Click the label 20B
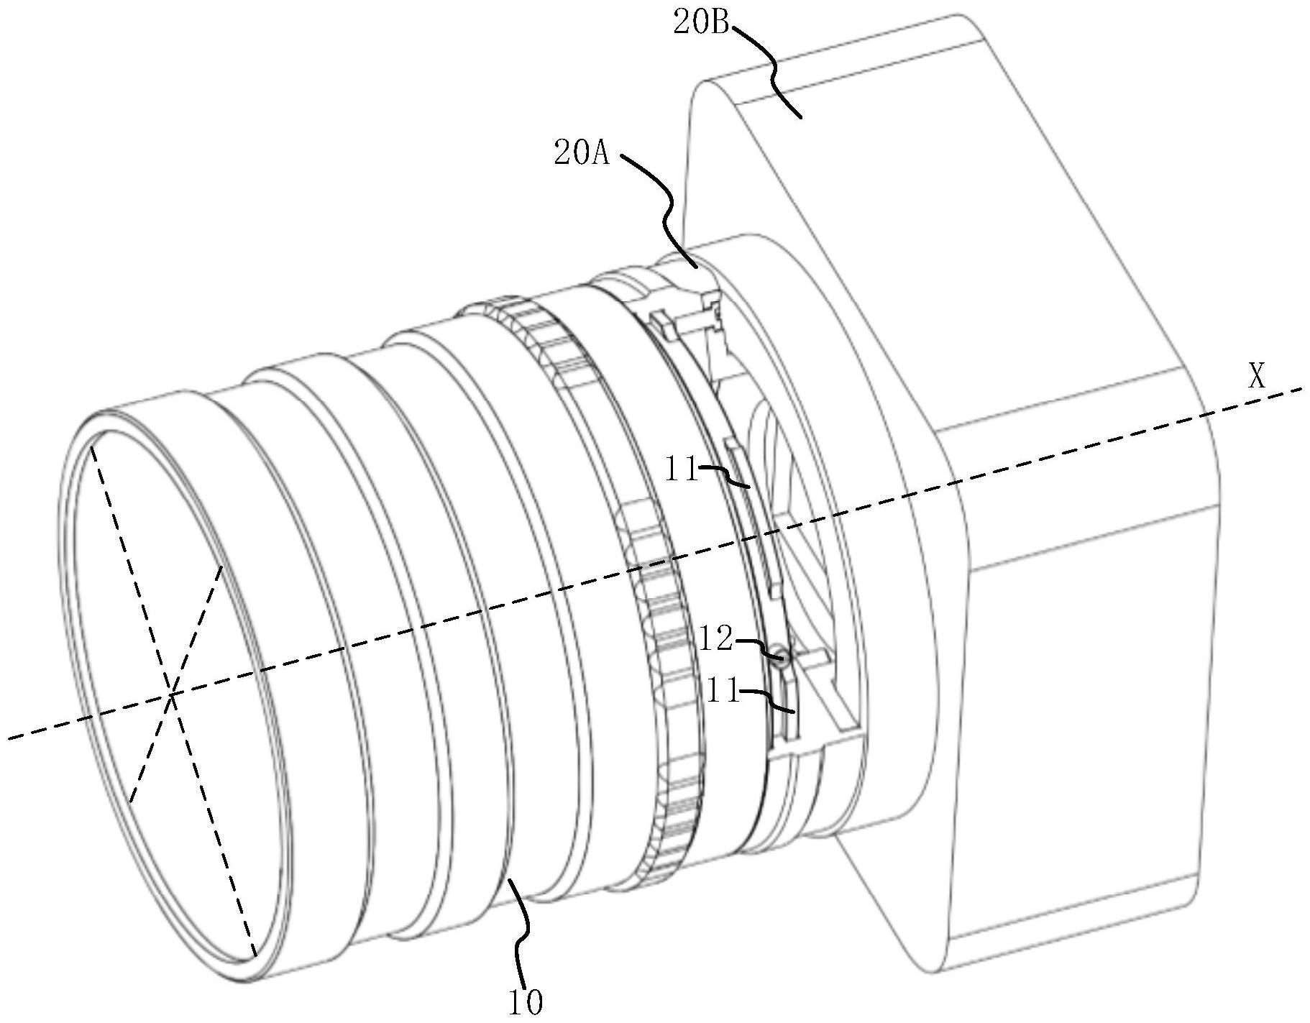[702, 25]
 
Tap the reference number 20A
[582, 155]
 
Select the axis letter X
[1256, 376]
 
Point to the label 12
[715, 639]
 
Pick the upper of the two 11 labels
[681, 472]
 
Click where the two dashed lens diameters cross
[172, 694]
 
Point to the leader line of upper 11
[725, 476]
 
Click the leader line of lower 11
[768, 701]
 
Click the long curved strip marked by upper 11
[752, 514]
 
